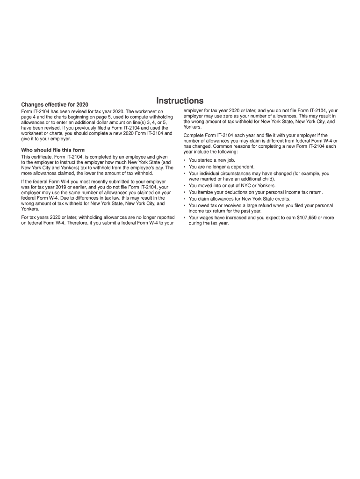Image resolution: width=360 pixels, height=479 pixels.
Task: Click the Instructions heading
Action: point(180,101)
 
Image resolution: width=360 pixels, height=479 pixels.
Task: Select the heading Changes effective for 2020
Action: point(54,104)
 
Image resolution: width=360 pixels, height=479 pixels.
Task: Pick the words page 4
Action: point(29,116)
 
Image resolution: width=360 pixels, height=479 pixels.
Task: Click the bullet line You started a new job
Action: point(209,160)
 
